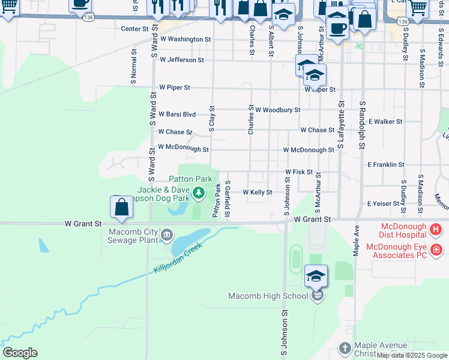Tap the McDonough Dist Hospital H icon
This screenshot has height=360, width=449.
coord(436,229)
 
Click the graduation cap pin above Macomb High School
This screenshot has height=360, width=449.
coord(316,276)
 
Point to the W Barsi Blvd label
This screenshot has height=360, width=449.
coord(177,114)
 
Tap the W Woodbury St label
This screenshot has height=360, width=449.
coord(277,110)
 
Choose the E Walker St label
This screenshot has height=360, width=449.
coord(385,121)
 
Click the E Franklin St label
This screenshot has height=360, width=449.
coord(385,164)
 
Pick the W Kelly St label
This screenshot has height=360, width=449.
coord(258,192)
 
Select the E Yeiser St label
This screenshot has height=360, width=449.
coord(383,203)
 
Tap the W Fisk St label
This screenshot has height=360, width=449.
coord(299,172)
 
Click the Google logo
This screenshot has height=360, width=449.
coord(20,353)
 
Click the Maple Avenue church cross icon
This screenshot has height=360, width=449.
coord(345,348)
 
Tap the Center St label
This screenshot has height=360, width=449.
coord(134,28)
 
